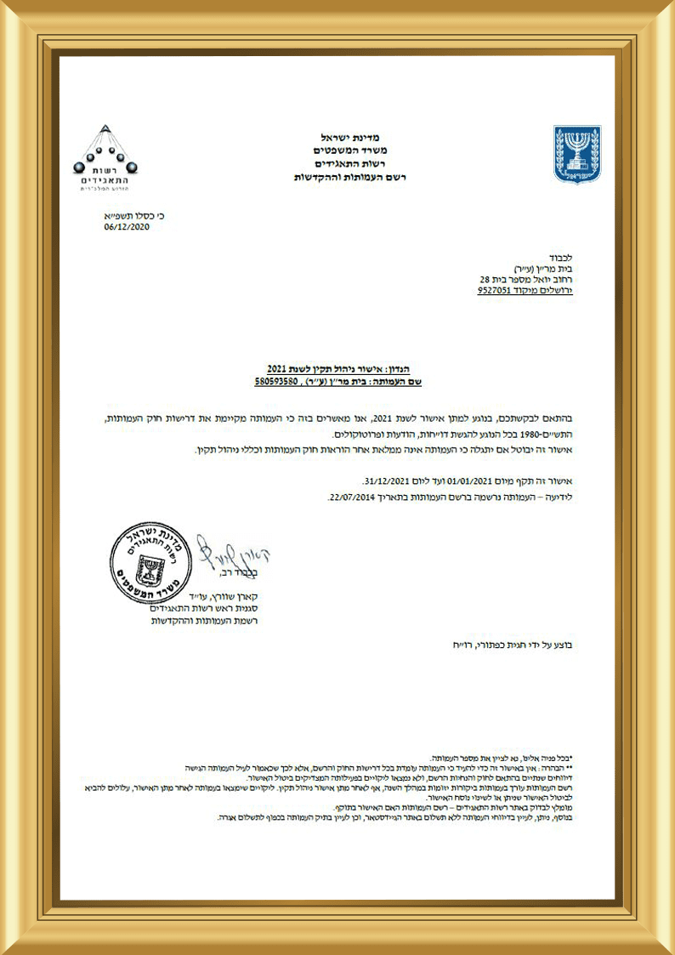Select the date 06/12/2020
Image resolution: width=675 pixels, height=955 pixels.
pyautogui.click(x=127, y=227)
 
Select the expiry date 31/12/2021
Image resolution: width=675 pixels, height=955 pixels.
pyautogui.click(x=389, y=480)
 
